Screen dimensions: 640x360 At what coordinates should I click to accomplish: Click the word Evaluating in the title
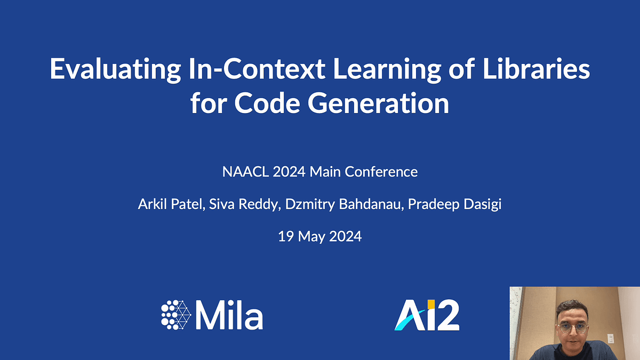[x=115, y=69]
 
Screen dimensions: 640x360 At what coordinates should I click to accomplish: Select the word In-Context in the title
[x=257, y=69]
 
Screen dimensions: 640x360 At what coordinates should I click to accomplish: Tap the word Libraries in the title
[x=537, y=69]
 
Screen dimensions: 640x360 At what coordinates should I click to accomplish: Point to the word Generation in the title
[x=378, y=103]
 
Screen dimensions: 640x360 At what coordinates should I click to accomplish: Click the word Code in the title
[x=267, y=103]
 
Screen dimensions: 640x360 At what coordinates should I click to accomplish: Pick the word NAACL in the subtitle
[x=245, y=172]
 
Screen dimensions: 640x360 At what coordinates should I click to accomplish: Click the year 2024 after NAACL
[x=289, y=172]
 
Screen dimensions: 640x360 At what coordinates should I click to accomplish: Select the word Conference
[x=381, y=172]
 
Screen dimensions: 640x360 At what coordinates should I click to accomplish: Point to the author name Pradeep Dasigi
[x=454, y=205]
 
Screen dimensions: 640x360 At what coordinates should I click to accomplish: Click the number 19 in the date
[x=286, y=237]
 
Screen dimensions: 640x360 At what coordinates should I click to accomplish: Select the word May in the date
[x=311, y=237]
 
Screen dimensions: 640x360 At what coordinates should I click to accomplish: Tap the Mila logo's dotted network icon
[x=176, y=315]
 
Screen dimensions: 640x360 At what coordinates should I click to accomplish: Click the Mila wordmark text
[x=229, y=315]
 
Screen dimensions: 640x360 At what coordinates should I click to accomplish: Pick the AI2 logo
[x=427, y=315]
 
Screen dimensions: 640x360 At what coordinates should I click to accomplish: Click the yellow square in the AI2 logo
[x=431, y=305]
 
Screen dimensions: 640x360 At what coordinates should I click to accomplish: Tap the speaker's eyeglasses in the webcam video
[x=573, y=327]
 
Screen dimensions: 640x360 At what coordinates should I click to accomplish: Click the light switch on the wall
[x=611, y=338]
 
